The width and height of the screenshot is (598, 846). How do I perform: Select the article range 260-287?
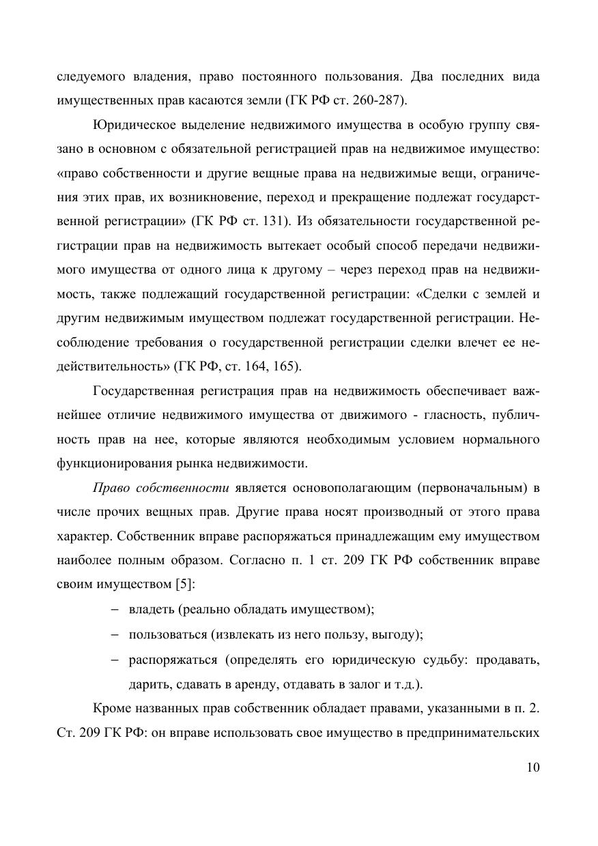(376, 100)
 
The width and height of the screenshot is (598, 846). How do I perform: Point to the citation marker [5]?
(182, 584)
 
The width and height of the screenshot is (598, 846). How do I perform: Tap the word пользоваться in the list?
(168, 635)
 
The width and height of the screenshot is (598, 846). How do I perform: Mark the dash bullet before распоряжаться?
(115, 660)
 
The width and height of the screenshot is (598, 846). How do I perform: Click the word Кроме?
(109, 710)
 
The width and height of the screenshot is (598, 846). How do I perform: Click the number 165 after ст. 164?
(285, 366)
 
